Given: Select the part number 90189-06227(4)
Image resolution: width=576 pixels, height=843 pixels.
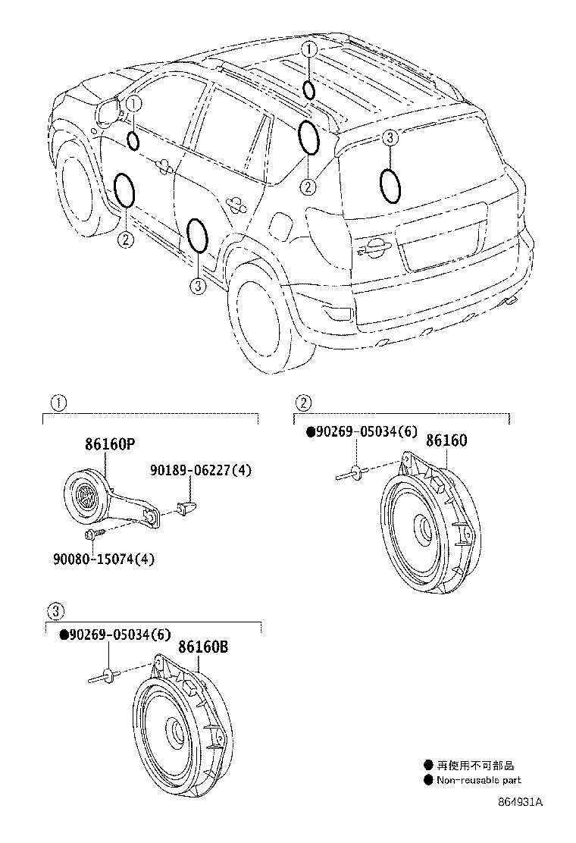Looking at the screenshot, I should (x=200, y=471).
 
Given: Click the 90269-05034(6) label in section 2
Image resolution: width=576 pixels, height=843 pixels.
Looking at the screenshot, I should (x=362, y=432).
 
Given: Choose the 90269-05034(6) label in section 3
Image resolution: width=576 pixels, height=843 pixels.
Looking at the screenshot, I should (x=114, y=635).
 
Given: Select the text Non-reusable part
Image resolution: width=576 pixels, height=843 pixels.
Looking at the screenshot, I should (x=480, y=780).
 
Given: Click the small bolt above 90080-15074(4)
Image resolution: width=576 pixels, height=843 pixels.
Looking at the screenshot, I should (x=94, y=534).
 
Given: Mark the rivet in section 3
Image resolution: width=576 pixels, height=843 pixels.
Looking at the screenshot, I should (x=103, y=675).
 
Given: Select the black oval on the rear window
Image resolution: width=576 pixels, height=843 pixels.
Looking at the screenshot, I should (x=390, y=186).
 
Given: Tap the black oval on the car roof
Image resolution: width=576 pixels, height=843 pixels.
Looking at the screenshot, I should (x=309, y=90).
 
